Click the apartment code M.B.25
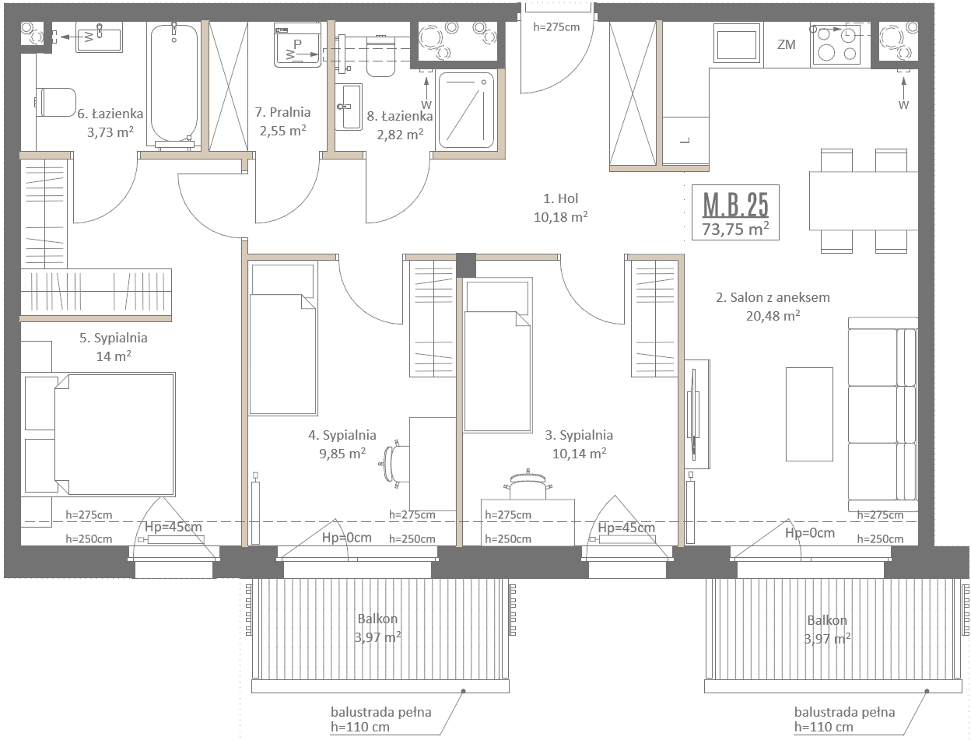coord(735,205)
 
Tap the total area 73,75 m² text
coord(735,229)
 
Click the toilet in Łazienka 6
coord(56,102)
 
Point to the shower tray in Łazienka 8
coord(465,110)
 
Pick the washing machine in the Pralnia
coord(298,44)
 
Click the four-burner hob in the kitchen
coord(836,44)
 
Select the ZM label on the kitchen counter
coord(786,44)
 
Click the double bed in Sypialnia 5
coord(100,434)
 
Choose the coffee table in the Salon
coord(809,415)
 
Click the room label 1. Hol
coord(560,198)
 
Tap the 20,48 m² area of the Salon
coord(773,315)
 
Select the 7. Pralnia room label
coord(282,112)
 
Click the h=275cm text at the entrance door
coord(556,27)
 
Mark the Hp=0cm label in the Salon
coord(809,533)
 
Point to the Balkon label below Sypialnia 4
coord(377,619)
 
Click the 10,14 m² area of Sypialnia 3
coord(579,454)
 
